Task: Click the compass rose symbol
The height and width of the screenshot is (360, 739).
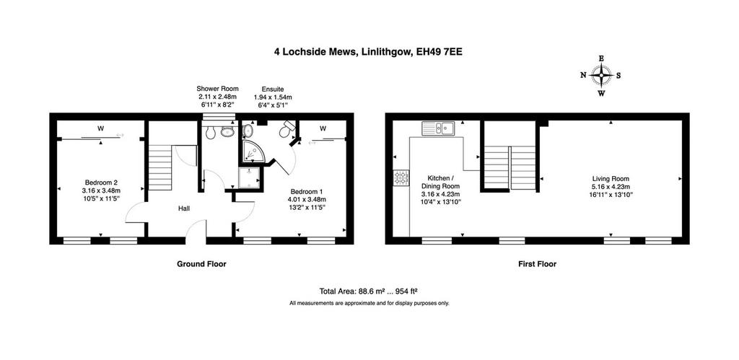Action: point(601,76)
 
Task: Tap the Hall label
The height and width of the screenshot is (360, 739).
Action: point(184,208)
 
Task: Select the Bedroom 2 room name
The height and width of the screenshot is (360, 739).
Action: point(101,183)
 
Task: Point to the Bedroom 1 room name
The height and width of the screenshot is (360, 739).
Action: point(306,192)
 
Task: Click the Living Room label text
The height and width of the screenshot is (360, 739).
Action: point(611,179)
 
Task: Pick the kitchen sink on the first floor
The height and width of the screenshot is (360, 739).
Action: point(438,128)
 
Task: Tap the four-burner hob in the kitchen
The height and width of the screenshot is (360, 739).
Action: point(401,178)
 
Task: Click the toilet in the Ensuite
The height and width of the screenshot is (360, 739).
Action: point(287,129)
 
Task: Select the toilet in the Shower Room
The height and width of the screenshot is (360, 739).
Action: point(210,133)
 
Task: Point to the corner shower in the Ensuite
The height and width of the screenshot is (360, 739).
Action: point(253,150)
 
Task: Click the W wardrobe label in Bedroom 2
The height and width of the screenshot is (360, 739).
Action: point(100,128)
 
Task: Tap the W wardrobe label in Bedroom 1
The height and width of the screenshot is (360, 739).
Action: point(323,128)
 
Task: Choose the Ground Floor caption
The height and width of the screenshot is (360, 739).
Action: point(201,264)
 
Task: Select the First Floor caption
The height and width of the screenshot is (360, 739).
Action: point(537,264)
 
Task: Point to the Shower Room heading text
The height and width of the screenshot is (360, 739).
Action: point(217,89)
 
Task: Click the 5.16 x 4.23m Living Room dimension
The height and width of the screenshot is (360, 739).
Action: point(611,186)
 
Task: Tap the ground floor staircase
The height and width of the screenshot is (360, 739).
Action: point(159,167)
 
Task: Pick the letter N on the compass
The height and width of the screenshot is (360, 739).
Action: point(583,76)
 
